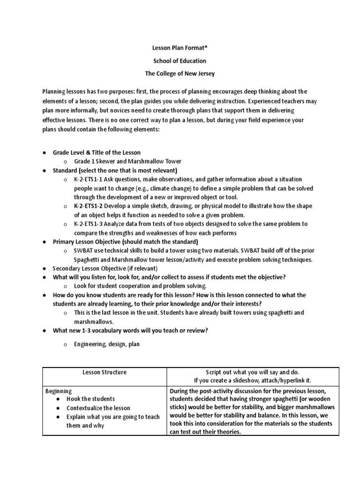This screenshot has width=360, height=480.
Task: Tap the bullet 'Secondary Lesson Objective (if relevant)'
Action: pos(105,269)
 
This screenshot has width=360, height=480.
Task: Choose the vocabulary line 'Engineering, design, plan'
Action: pos(106,344)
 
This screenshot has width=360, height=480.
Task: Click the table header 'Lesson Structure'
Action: pos(105,372)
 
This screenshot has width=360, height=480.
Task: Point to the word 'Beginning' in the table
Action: pos(58,390)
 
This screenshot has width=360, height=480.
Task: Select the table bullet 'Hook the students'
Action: pos(90,399)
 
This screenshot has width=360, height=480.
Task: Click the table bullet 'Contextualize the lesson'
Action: pos(98,408)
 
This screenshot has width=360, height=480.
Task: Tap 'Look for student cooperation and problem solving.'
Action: pos(140,285)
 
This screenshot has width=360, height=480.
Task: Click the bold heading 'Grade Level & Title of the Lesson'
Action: pos(97,153)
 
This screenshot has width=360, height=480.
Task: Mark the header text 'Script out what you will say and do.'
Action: pos(252,372)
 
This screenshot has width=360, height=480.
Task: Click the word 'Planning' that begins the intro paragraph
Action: pos(53,91)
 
